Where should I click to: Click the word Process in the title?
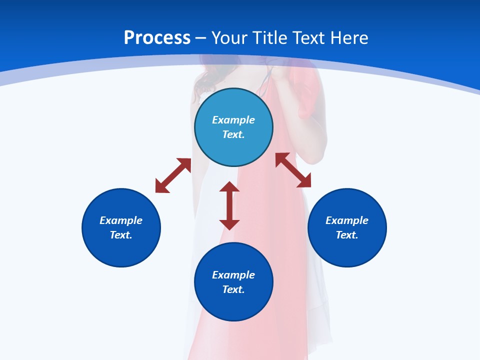coord(157,37)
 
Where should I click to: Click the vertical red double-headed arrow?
coord(229,205)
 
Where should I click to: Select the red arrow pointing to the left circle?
coord(173,175)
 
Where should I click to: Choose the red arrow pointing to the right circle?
coord(293,170)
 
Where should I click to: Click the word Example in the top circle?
coord(233,120)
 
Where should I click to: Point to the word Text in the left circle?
coord(121,235)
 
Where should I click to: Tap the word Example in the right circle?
coord(347,220)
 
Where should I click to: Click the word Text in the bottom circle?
coord(233,289)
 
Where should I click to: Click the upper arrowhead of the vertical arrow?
coord(229,187)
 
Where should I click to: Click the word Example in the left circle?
coord(121,220)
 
